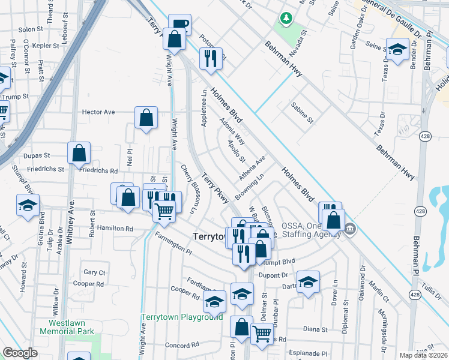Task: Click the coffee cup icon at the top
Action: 179,25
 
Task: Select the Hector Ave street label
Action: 98,112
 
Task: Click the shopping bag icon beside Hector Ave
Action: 146,118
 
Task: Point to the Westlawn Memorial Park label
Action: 67,327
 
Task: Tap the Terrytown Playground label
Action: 182,317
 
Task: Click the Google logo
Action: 20,353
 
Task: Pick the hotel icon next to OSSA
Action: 349,229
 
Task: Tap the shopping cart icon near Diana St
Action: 262,333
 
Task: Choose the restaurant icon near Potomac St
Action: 210,58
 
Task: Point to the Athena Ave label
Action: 252,169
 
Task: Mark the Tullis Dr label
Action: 432,289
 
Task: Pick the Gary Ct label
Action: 94,272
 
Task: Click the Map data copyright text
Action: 424,355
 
